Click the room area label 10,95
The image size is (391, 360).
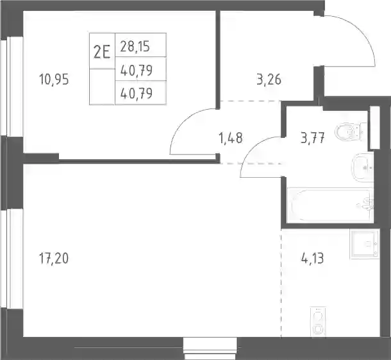tap(54, 80)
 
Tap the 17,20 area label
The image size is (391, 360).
tap(54, 258)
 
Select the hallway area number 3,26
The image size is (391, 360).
tap(269, 80)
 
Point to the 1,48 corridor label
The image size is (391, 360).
tap(230, 138)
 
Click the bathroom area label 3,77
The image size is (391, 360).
tap(313, 138)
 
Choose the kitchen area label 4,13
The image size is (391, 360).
tap(313, 258)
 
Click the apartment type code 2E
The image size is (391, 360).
tap(102, 53)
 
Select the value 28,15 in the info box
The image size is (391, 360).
tap(135, 46)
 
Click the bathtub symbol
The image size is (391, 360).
tap(330, 205)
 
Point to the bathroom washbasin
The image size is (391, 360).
tap(363, 167)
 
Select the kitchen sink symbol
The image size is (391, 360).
tap(365, 244)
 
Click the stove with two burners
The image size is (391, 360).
tap(318, 321)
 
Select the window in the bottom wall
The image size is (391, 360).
tap(210, 348)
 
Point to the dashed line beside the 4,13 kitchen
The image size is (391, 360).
tap(281, 283)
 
